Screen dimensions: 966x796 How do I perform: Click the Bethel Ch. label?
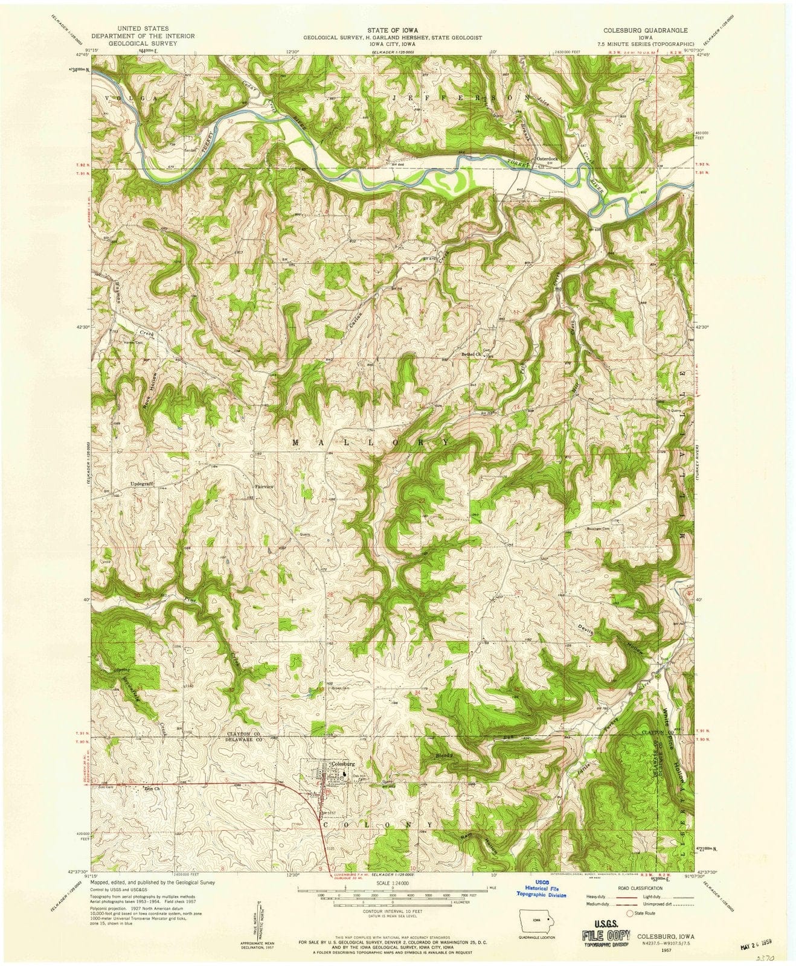470,354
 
